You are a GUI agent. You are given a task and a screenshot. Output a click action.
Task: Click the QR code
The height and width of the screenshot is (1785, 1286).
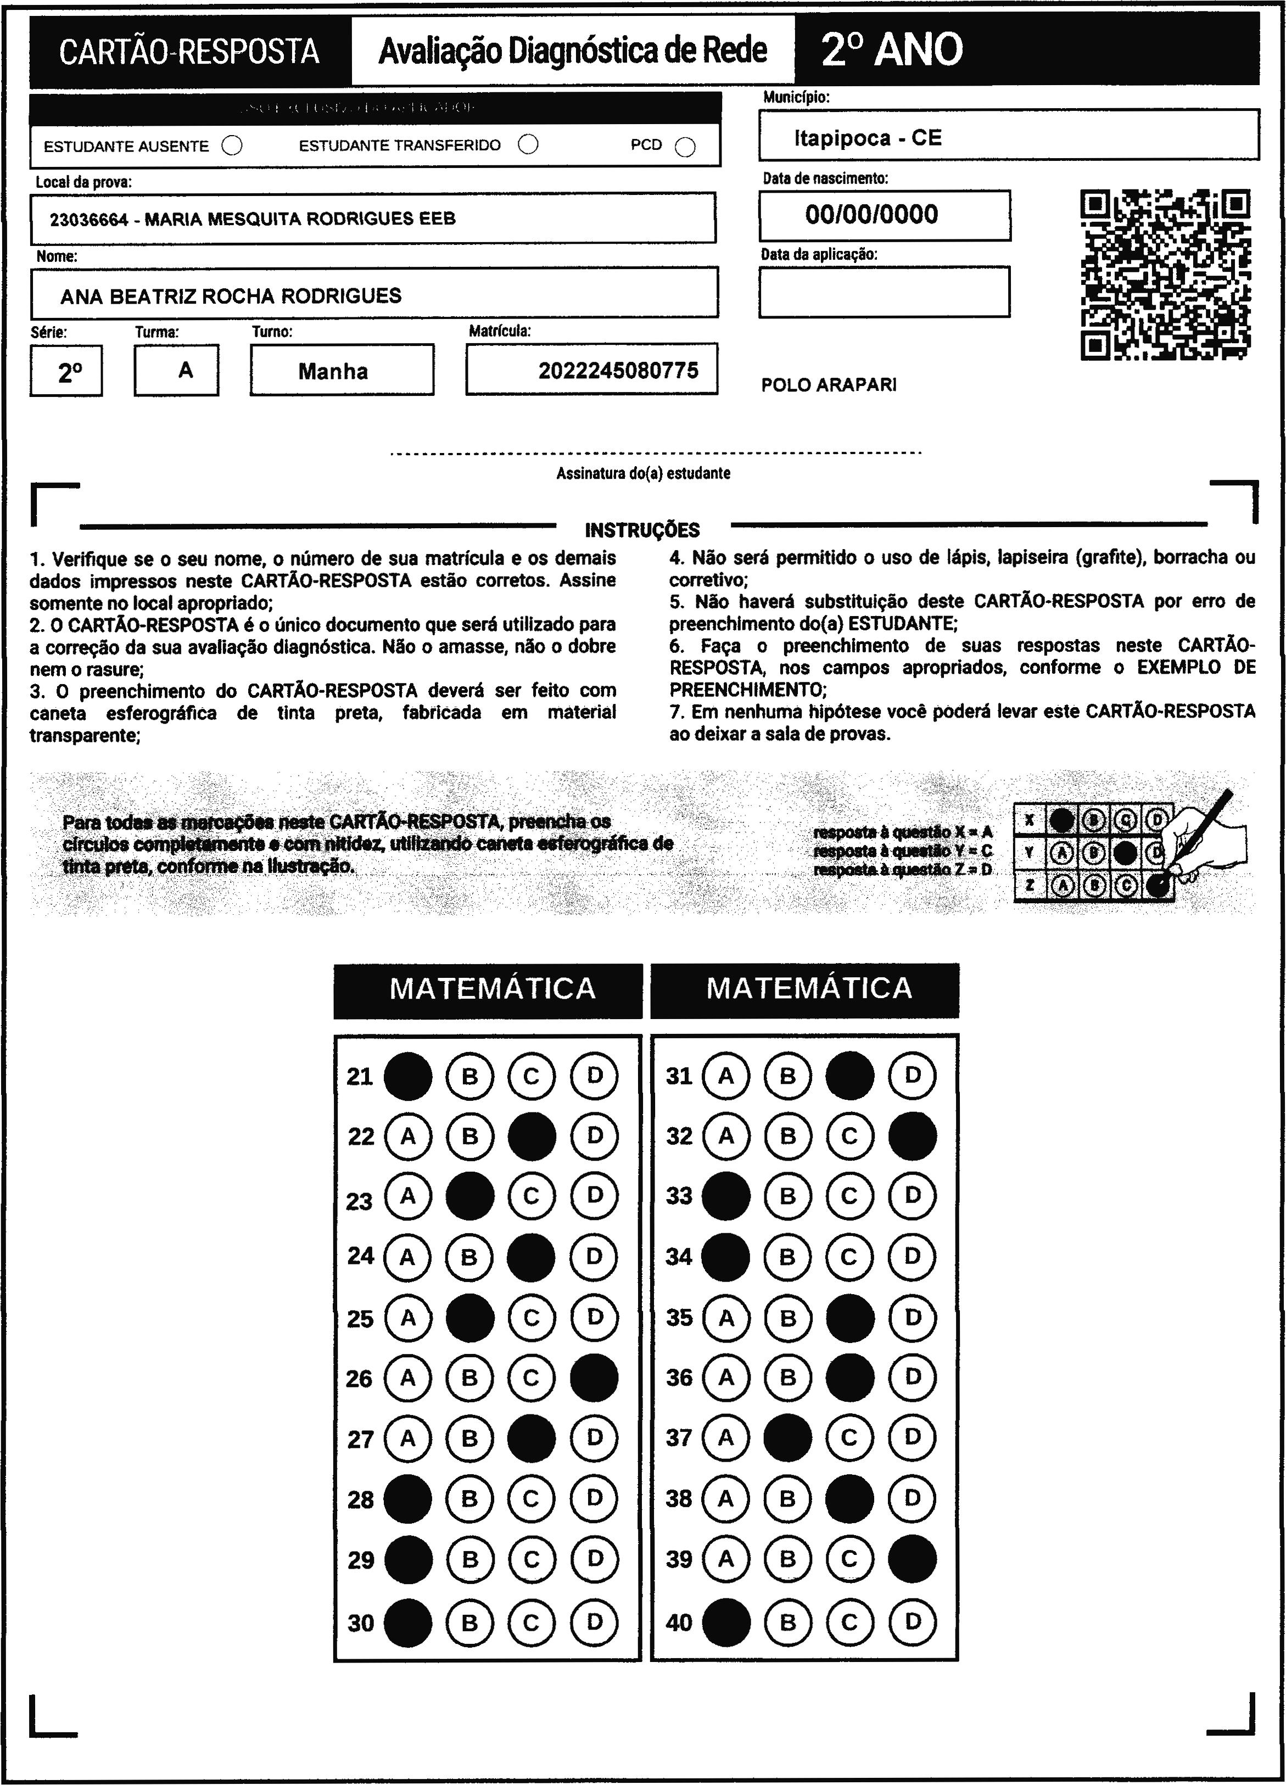click(x=1166, y=275)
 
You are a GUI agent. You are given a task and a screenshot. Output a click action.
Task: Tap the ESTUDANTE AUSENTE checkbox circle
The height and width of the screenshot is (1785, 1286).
click(x=232, y=146)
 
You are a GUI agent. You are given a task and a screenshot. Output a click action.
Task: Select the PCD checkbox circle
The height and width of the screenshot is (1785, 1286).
click(x=685, y=147)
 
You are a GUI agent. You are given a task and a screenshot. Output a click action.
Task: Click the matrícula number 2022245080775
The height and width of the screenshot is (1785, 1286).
click(x=618, y=371)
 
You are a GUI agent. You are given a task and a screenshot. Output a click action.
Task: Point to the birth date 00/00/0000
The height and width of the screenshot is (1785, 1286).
click(x=871, y=215)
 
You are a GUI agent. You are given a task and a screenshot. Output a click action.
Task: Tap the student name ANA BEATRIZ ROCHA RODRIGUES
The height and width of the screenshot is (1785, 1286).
click(x=231, y=296)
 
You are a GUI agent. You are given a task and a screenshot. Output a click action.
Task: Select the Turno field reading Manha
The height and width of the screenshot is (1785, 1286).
click(x=333, y=371)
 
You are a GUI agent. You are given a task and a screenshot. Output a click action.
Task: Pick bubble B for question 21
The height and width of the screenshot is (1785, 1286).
click(x=470, y=1075)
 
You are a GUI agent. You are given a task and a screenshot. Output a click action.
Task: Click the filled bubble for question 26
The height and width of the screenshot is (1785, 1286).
click(x=594, y=1378)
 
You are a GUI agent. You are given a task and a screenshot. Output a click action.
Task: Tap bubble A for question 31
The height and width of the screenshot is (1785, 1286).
click(x=725, y=1075)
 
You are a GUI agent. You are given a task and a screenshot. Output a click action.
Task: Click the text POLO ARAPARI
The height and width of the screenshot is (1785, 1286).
click(x=829, y=385)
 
